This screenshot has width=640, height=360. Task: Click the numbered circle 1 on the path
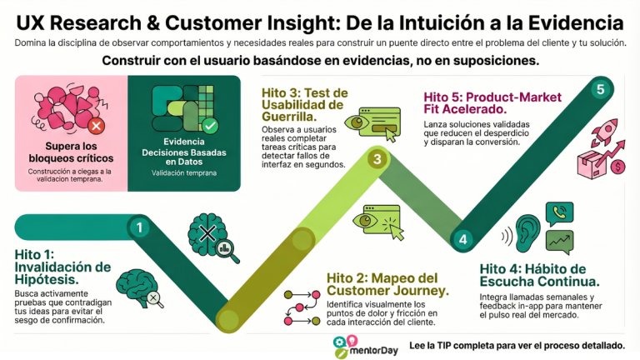(x=139, y=226)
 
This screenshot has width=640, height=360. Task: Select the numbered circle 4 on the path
(x=463, y=239)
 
